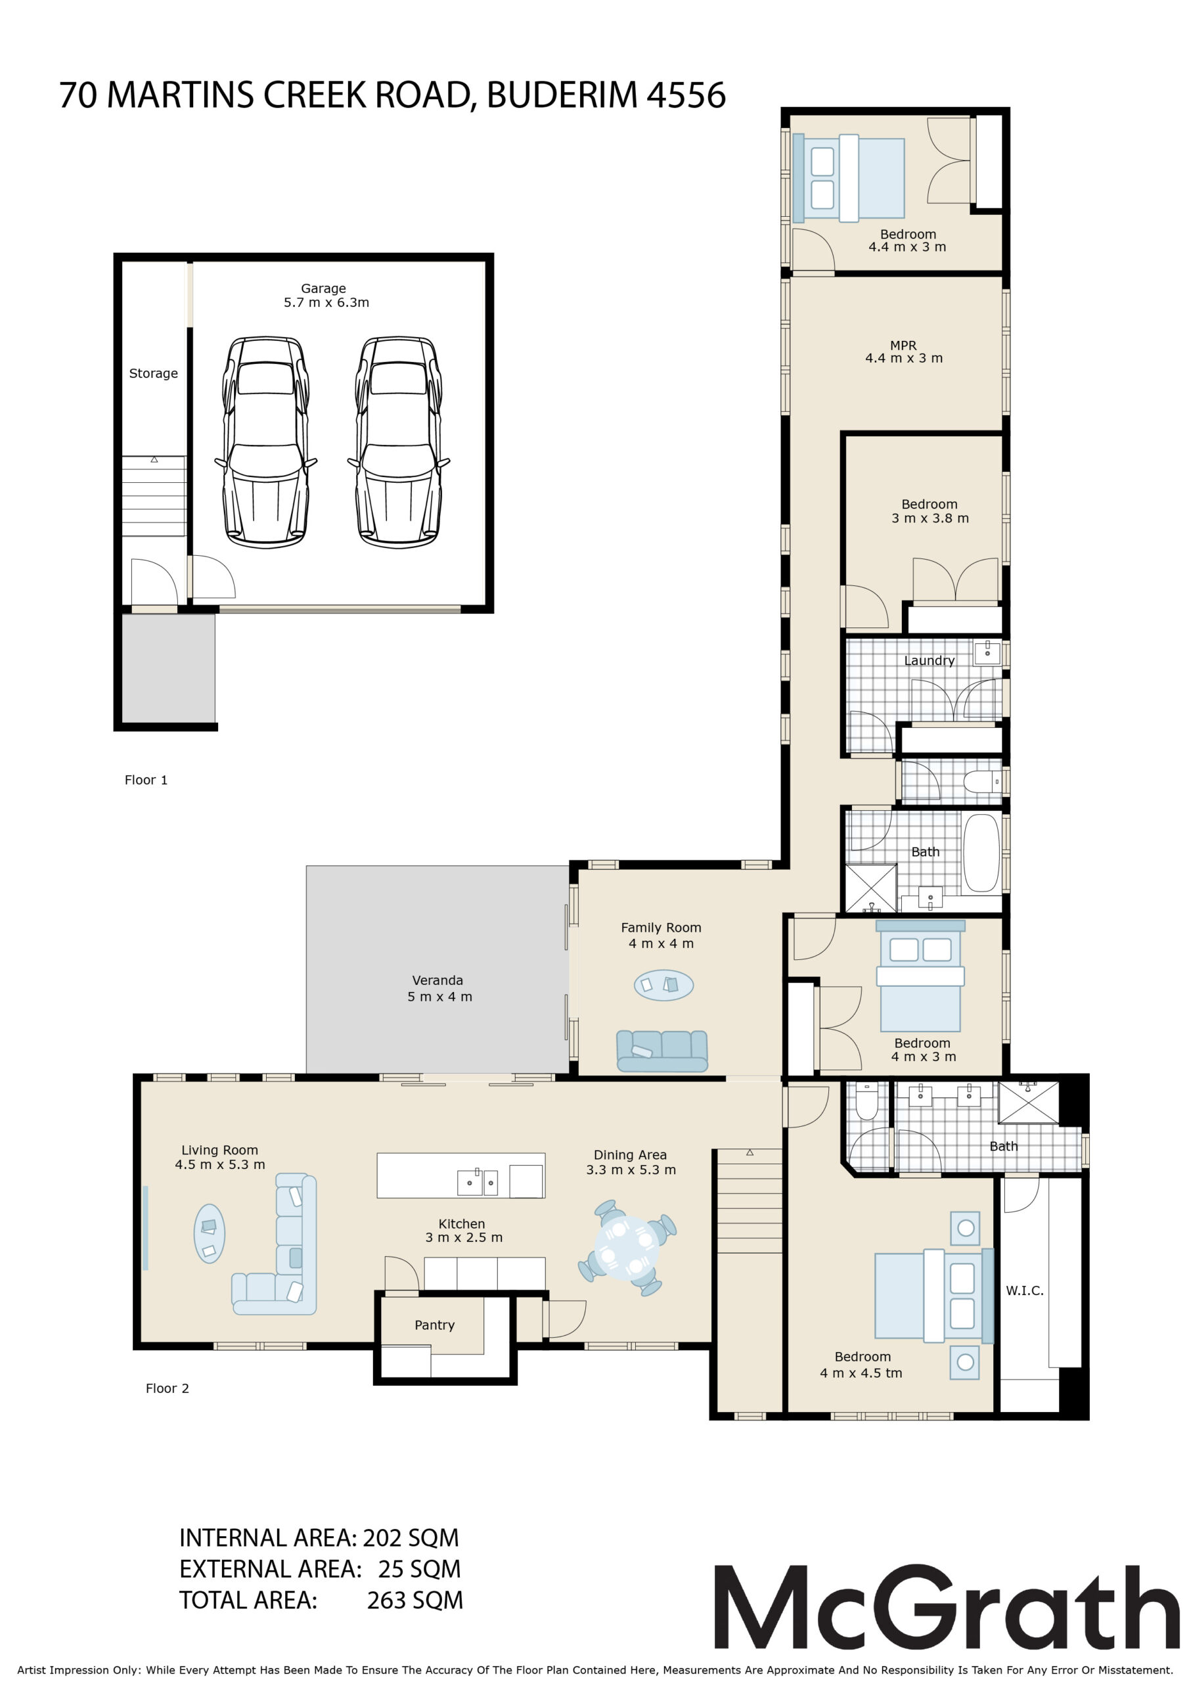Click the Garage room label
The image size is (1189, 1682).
point(323,288)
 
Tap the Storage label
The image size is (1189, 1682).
point(153,374)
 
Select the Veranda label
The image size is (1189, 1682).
point(437,980)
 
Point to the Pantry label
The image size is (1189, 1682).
point(434,1325)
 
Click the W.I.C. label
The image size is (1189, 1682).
point(1024,1291)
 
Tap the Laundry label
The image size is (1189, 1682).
point(929,661)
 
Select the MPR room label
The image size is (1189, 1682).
point(903,345)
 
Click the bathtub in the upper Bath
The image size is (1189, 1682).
point(981,852)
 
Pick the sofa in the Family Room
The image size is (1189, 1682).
point(662,1051)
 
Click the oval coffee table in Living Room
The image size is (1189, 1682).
point(210,1234)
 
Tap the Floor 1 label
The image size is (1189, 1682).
point(146,780)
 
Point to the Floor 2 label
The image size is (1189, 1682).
point(167,1388)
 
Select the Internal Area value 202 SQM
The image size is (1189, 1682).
point(411,1537)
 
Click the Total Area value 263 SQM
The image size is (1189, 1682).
point(415,1600)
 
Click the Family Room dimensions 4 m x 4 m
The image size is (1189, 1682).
point(661,943)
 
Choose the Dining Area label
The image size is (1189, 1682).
point(630,1155)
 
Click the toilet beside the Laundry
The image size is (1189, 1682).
point(981,782)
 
